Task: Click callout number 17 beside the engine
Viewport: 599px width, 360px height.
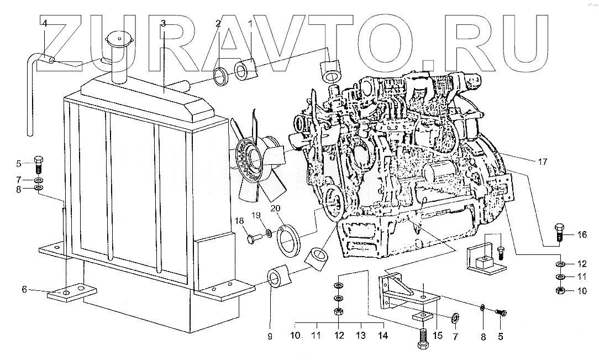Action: (x=543, y=162)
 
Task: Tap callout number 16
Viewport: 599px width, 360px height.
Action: (x=581, y=234)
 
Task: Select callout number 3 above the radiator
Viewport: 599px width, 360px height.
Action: (x=163, y=23)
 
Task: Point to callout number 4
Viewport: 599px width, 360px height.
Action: (x=45, y=23)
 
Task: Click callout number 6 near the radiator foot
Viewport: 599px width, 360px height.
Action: (x=24, y=289)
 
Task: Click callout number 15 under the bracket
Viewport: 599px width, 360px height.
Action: (x=438, y=336)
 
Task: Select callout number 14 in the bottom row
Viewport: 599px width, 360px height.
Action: (x=382, y=336)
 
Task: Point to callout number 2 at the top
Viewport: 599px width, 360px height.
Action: (x=218, y=23)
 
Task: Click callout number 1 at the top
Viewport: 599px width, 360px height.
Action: (x=250, y=23)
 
